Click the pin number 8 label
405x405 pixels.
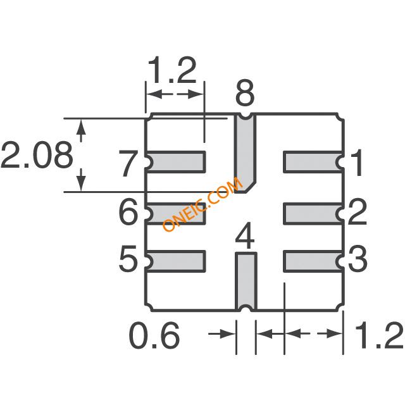245,93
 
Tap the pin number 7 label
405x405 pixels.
127,163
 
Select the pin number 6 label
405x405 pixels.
128,212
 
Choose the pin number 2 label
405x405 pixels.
358,212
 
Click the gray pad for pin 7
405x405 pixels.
176,162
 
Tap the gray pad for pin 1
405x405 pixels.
313,162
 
